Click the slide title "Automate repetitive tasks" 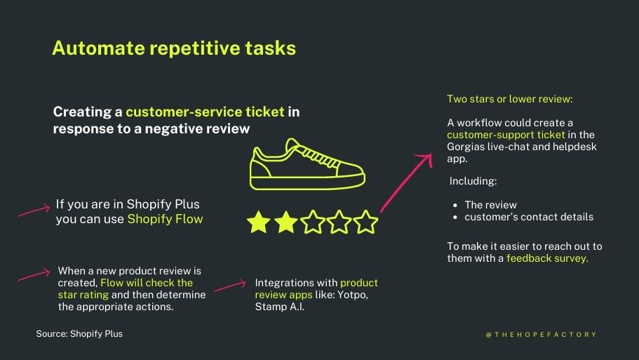pos(174,48)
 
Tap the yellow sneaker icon pos(307,164)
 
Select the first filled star pos(259,222)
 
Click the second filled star pos(285,222)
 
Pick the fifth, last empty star pos(365,222)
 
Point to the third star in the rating pos(312,222)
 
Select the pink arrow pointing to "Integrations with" pos(229,286)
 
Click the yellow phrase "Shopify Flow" pos(165,219)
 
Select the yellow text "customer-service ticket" pos(205,112)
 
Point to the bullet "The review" pos(490,205)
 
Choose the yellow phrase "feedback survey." pos(547,258)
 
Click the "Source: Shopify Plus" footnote pos(79,334)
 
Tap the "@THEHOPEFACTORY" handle pos(541,335)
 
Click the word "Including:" pos(473,181)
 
